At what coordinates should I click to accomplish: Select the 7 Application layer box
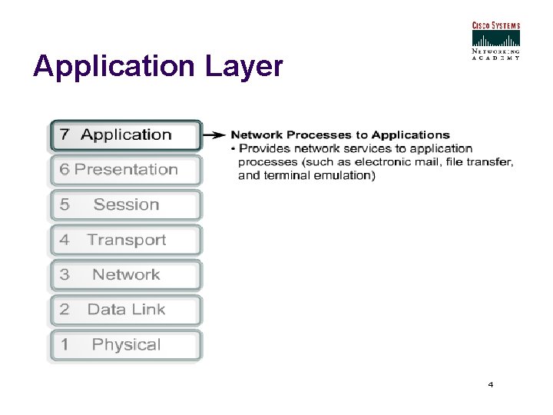click(x=126, y=135)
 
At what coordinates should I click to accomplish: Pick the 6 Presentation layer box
click(x=126, y=170)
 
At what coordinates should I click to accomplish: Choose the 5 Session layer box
click(x=126, y=205)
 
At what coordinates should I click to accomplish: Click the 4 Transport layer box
click(x=126, y=240)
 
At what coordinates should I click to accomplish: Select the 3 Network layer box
click(x=126, y=275)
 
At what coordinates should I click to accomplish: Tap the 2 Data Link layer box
click(x=126, y=310)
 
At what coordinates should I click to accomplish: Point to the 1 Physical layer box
click(x=126, y=345)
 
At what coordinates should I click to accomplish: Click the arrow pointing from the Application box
click(x=215, y=135)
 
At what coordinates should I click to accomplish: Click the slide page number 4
click(x=490, y=384)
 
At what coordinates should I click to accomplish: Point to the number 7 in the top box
click(x=65, y=135)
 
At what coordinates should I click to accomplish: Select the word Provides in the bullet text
click(x=265, y=148)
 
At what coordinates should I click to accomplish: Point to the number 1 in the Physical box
click(x=65, y=345)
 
